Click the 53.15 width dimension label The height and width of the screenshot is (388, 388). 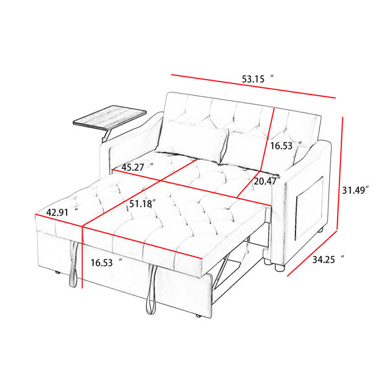pyautogui.click(x=257, y=79)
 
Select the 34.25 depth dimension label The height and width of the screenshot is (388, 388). pyautogui.click(x=328, y=259)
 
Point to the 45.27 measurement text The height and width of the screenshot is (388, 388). pyautogui.click(x=137, y=167)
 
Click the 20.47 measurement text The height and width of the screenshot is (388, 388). pyautogui.click(x=266, y=181)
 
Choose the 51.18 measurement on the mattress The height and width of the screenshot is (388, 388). pyautogui.click(x=142, y=204)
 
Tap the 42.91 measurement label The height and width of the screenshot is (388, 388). pyautogui.click(x=62, y=212)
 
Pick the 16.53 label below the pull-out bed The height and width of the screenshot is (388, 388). pyautogui.click(x=107, y=263)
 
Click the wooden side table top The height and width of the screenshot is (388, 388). pyautogui.click(x=110, y=118)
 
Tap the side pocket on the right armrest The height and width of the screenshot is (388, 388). pyautogui.click(x=310, y=208)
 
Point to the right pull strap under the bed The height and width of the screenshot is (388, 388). pyautogui.click(x=151, y=289)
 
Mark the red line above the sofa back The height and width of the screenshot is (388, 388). pyautogui.click(x=253, y=86)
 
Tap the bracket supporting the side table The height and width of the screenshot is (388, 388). pyautogui.click(x=105, y=136)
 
